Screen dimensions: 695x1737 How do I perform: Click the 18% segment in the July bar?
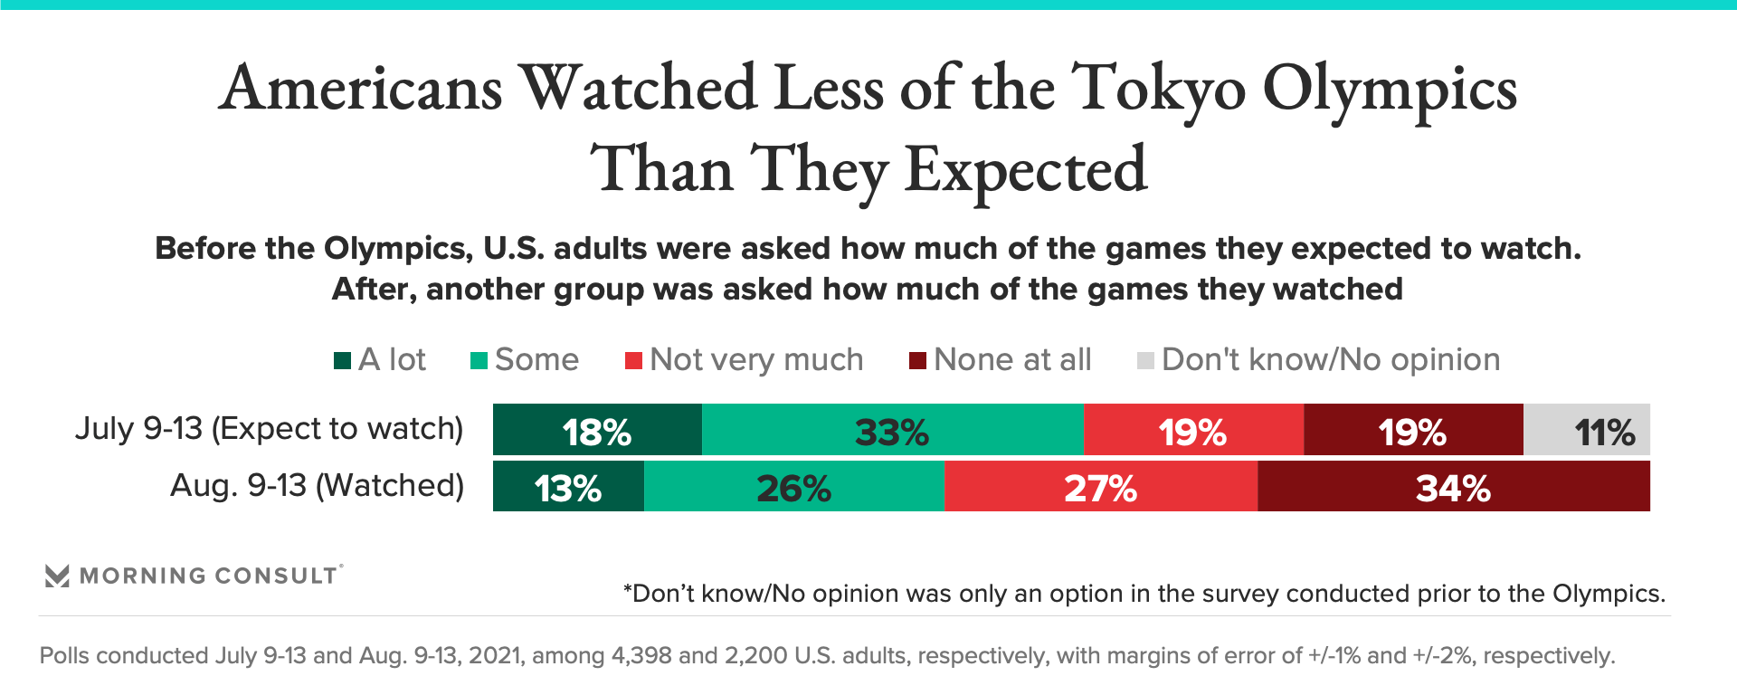click(x=597, y=430)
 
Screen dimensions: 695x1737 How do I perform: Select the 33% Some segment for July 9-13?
click(x=892, y=430)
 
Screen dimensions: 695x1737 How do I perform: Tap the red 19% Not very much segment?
click(x=1192, y=430)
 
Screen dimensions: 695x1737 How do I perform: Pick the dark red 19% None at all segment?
click(x=1413, y=430)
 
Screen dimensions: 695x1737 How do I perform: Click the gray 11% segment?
click(x=1587, y=430)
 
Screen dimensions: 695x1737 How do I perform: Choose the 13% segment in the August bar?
click(x=568, y=487)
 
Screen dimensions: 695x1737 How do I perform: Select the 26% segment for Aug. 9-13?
click(x=793, y=487)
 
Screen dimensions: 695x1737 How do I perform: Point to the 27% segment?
click(x=1100, y=487)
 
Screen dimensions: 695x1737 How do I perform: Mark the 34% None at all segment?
click(x=1453, y=487)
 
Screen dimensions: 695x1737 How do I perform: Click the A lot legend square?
click(x=342, y=361)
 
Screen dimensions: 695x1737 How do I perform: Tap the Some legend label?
click(x=536, y=360)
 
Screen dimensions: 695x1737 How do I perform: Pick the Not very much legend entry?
click(x=755, y=360)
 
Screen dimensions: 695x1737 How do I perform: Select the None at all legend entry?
click(x=1011, y=360)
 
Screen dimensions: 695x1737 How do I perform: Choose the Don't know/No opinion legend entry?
click(x=1330, y=360)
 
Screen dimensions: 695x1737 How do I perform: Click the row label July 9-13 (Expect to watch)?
click(x=269, y=428)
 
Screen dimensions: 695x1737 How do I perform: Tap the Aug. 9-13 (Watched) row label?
click(x=317, y=486)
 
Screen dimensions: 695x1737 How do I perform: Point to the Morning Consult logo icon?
click(x=57, y=576)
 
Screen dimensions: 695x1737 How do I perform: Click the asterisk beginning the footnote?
click(x=627, y=590)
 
